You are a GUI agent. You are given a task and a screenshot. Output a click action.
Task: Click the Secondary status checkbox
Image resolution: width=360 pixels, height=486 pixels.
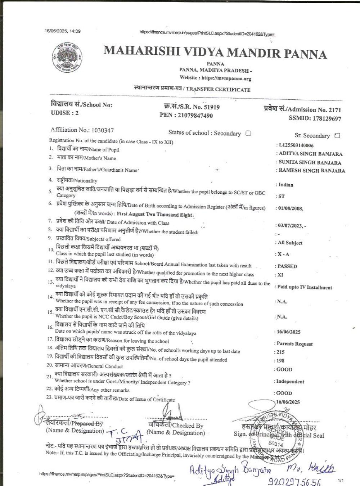point(248,133)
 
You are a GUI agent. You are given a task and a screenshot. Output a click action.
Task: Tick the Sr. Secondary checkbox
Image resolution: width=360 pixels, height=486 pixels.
point(337,136)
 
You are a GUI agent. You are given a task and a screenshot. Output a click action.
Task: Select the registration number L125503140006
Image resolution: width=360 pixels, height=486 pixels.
point(296,145)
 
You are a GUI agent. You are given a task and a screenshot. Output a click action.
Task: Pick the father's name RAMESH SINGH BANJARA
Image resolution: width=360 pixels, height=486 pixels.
point(312,171)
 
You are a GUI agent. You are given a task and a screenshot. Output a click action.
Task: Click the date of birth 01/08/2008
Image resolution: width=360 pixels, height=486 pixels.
point(290,208)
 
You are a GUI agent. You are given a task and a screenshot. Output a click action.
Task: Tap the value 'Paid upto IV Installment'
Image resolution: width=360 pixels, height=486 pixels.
point(304,287)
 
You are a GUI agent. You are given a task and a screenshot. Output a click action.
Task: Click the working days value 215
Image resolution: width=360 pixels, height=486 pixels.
point(280,352)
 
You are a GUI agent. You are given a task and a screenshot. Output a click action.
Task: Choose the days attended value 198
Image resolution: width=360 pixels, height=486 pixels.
point(280,360)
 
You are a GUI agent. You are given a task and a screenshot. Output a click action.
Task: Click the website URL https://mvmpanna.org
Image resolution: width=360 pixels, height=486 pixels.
point(226,78)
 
